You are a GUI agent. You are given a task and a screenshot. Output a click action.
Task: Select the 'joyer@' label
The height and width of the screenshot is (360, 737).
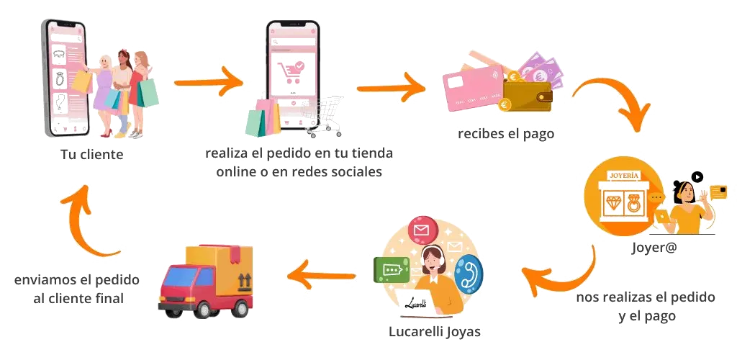(x=652, y=248)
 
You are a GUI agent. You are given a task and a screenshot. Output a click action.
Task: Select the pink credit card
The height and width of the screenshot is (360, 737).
(x=471, y=90)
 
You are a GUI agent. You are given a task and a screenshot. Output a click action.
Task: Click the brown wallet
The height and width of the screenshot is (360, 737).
(x=528, y=94)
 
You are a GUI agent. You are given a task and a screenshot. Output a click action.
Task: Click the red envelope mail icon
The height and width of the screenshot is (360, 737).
(x=422, y=232)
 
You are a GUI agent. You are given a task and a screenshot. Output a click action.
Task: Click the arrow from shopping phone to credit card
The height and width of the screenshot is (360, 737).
(x=392, y=86)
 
